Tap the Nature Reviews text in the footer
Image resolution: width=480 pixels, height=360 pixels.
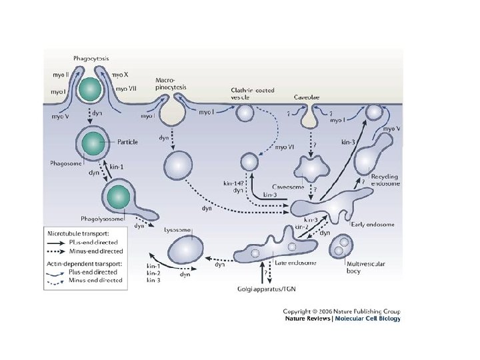307,319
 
